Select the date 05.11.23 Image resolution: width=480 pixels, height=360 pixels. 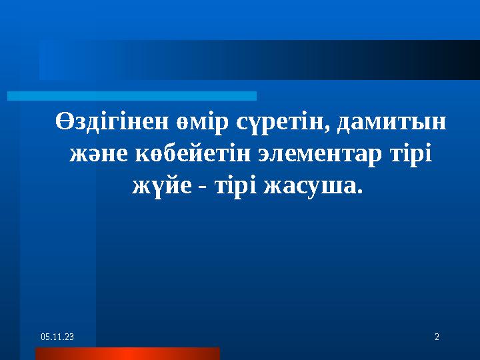57,338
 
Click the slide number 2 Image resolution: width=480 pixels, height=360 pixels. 437,338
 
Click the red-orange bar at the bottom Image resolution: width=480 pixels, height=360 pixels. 127,353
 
